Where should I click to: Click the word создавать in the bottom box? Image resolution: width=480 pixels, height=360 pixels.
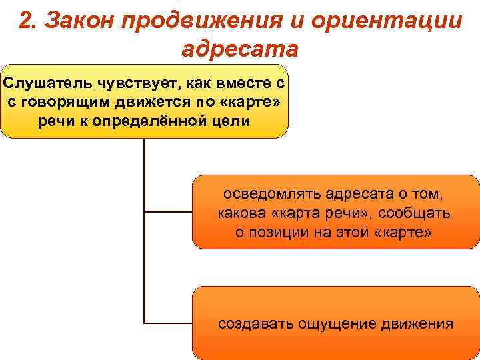(251, 325)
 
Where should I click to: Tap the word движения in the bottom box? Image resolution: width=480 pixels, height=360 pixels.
(417, 325)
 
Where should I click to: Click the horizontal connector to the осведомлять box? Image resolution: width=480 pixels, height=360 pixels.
(168, 212)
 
